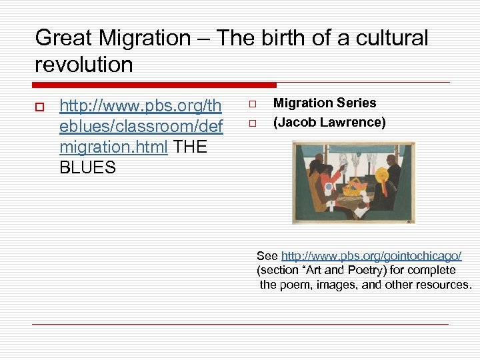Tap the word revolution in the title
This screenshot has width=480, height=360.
pyautogui.click(x=84, y=65)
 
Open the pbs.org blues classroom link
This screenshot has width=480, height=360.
pyautogui.click(x=141, y=126)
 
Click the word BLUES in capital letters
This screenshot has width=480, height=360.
pyautogui.click(x=87, y=168)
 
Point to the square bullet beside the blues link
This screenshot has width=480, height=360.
pyautogui.click(x=39, y=107)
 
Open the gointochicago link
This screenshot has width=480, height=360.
pyautogui.click(x=371, y=256)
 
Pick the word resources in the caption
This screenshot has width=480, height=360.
pyautogui.click(x=444, y=285)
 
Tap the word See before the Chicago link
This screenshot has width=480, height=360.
pyautogui.click(x=267, y=256)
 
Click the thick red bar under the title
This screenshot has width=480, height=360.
pyautogui.click(x=154, y=85)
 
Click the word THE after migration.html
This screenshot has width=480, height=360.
pyautogui.click(x=189, y=147)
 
